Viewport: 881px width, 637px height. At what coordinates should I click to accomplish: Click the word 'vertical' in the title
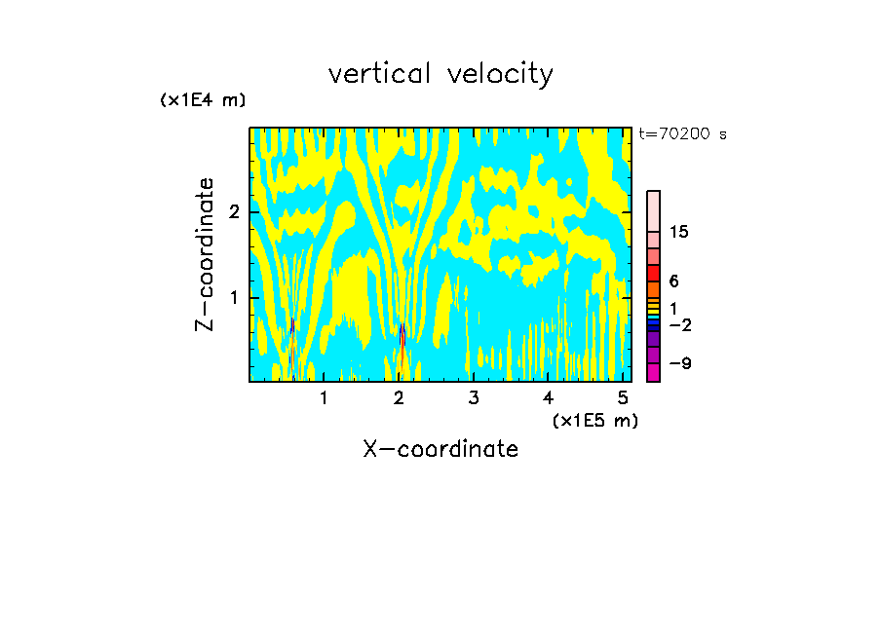[x=375, y=74]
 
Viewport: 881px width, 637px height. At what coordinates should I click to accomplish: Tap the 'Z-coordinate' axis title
[x=205, y=254]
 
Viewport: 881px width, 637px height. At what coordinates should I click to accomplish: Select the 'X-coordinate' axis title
[x=440, y=449]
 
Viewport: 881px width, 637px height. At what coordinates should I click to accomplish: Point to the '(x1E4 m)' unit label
[x=203, y=99]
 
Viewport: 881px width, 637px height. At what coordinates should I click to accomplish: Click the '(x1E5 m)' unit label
[x=594, y=420]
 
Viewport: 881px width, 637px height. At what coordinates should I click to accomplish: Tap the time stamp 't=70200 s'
[x=682, y=134]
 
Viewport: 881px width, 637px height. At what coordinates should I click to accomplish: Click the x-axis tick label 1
[x=324, y=397]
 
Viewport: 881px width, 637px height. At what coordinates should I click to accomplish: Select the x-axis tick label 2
[x=399, y=397]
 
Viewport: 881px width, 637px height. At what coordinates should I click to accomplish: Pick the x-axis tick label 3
[x=473, y=397]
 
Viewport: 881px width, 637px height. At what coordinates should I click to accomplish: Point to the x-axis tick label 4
[x=548, y=397]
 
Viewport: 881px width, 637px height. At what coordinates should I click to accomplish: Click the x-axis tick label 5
[x=622, y=397]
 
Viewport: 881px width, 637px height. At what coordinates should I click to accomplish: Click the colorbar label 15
[x=679, y=232]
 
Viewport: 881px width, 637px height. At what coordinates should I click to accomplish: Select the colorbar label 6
[x=673, y=281]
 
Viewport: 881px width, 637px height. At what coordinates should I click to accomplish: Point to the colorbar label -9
[x=679, y=363]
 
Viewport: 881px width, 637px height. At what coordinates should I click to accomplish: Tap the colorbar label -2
[x=679, y=324]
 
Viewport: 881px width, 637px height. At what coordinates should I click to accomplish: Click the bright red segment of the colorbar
[x=653, y=273]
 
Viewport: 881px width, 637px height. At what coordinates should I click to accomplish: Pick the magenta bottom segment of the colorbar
[x=653, y=372]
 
